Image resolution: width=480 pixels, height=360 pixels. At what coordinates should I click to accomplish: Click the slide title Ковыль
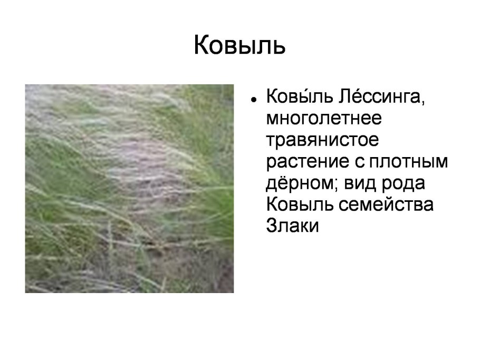(240, 45)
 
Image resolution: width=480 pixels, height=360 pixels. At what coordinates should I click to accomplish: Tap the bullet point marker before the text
(254, 99)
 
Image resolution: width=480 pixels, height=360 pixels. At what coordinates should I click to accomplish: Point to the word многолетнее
(323, 119)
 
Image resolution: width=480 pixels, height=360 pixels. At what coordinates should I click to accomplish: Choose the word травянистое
(322, 141)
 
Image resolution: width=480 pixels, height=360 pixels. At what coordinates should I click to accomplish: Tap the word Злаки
(293, 226)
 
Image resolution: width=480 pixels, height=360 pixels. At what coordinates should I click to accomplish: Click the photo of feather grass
(129, 188)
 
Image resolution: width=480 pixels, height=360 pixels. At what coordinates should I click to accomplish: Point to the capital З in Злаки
(272, 226)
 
